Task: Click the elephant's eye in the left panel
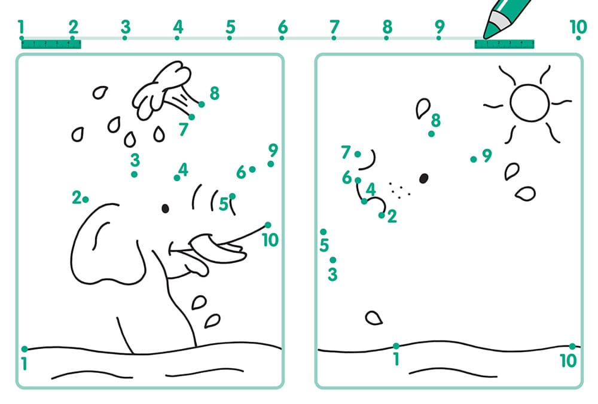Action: [165, 209]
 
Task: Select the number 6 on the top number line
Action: [283, 27]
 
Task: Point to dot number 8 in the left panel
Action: [202, 104]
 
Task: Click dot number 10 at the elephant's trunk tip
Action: [268, 225]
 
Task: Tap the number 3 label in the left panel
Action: [135, 160]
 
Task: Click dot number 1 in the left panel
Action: [25, 349]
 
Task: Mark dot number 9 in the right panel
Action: [473, 160]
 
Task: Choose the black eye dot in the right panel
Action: [424, 178]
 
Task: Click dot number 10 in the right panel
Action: [572, 346]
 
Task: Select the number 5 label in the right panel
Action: [324, 245]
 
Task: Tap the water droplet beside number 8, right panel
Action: [423, 108]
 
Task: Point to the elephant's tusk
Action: [218, 247]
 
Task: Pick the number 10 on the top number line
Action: [578, 27]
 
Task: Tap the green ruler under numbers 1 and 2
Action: [51, 44]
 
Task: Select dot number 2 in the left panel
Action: [86, 200]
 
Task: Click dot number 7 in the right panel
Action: [358, 154]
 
